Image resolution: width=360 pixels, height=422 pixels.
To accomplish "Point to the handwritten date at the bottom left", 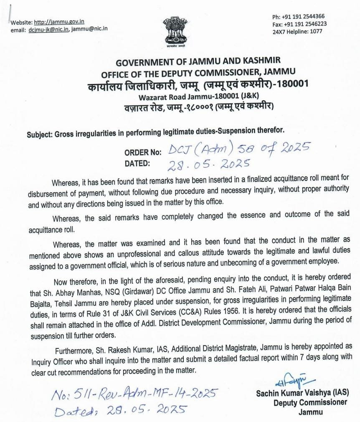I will click(121, 410).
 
